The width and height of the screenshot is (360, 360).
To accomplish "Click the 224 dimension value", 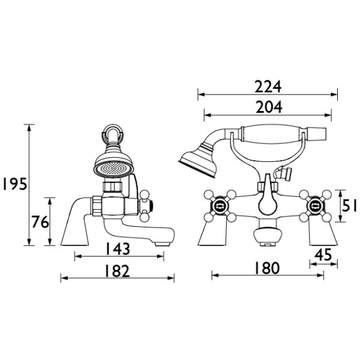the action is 268,86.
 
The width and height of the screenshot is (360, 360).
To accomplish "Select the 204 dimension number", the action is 269,107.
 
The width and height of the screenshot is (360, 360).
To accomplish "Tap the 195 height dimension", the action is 14,184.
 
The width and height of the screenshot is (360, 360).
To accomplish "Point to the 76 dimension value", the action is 40,222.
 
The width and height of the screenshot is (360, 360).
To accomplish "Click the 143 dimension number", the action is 118,249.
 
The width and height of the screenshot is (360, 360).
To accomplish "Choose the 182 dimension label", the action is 117,271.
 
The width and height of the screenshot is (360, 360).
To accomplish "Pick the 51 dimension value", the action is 349,205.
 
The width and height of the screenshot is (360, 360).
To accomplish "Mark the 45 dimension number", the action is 323,254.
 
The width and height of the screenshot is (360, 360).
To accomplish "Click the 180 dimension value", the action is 267,268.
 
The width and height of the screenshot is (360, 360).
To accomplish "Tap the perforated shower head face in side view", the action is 113,170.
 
